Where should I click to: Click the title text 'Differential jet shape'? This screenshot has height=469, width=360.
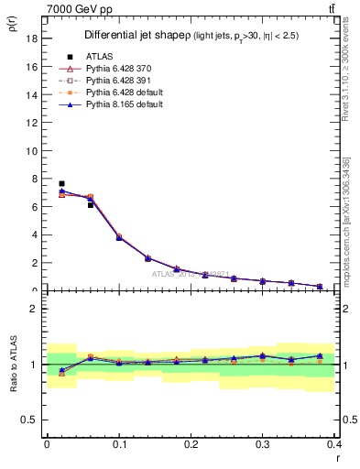pyautogui.click(x=129, y=36)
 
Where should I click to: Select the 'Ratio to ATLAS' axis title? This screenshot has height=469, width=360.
pyautogui.click(x=13, y=365)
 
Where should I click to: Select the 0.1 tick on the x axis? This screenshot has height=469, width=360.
pyautogui.click(x=119, y=444)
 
